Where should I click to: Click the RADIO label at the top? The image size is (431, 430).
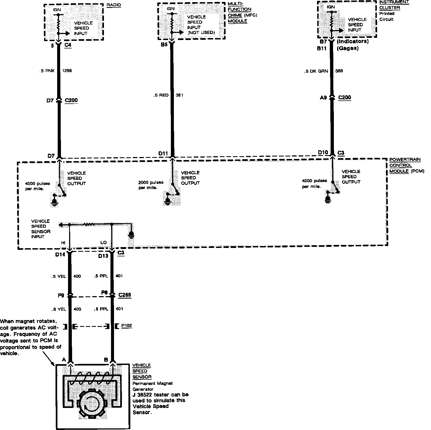click(114, 5)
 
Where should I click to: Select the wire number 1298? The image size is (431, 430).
click(67, 71)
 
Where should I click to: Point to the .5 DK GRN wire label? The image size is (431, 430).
click(316, 71)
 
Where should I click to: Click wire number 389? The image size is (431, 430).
click(339, 71)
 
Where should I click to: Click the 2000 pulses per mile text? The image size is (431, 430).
click(151, 185)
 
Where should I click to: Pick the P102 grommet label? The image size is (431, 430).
click(127, 325)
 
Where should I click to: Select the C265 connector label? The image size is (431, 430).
click(125, 295)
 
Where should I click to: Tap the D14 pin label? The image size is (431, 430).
click(60, 255)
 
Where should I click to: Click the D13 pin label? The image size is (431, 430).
click(103, 256)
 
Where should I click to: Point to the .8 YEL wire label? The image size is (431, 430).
click(59, 309)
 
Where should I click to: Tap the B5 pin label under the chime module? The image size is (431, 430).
click(164, 45)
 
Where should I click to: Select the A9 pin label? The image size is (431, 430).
click(323, 98)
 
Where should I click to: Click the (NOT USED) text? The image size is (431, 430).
click(201, 33)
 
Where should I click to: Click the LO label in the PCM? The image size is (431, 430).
click(103, 243)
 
